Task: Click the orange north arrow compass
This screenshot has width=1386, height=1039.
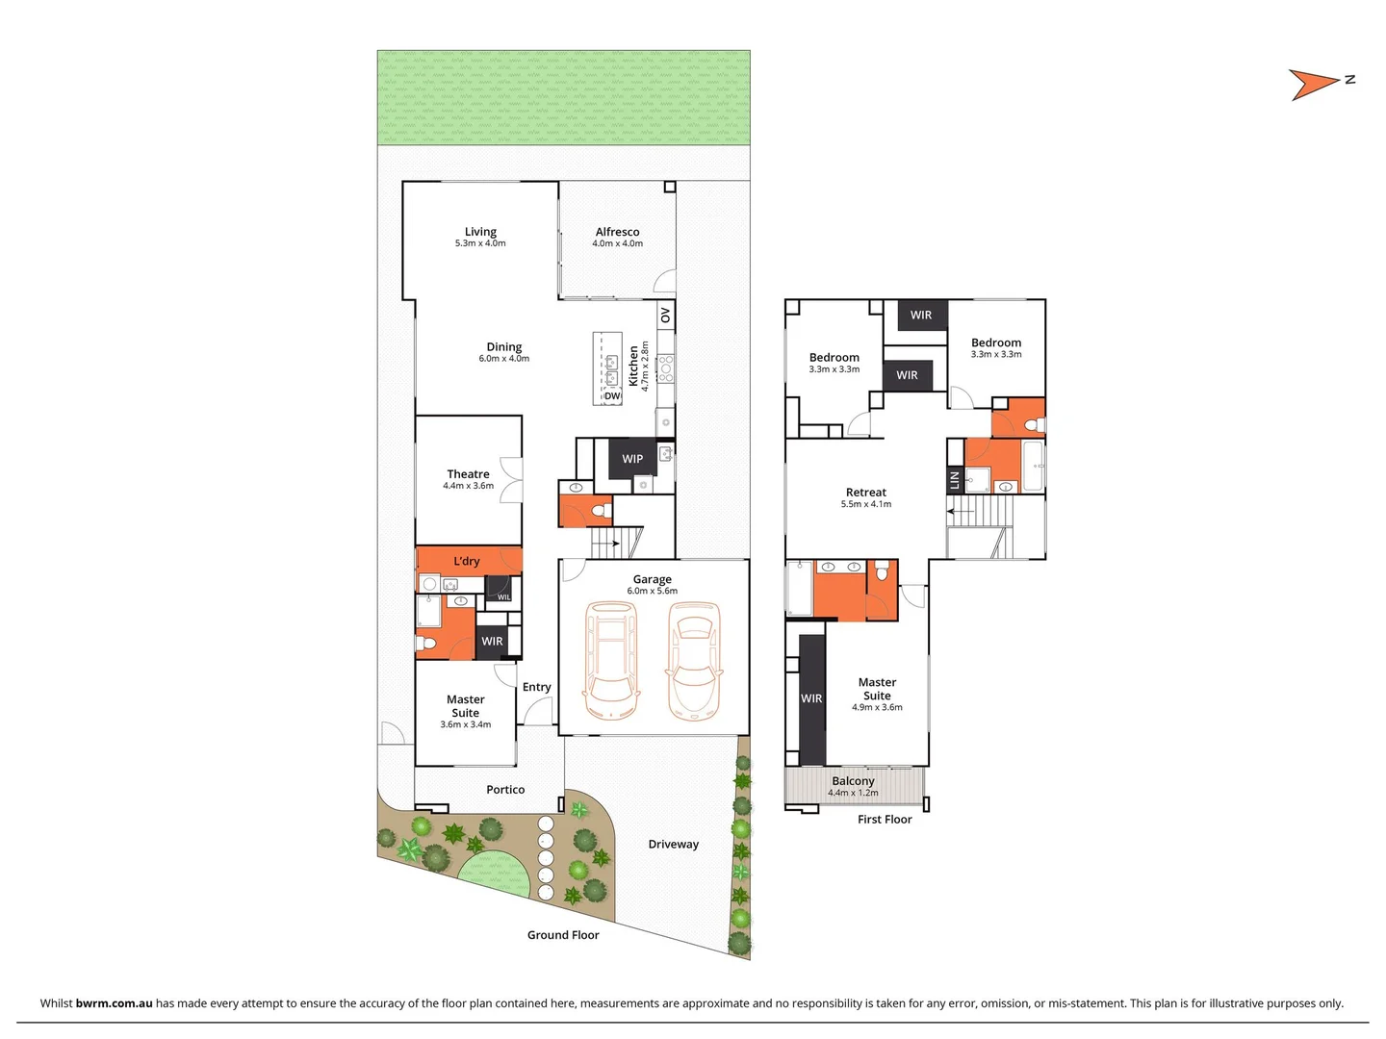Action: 1311,85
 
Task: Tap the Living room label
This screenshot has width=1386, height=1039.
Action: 480,232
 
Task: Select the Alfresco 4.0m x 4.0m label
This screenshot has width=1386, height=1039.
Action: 617,237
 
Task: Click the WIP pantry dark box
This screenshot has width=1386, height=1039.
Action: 632,459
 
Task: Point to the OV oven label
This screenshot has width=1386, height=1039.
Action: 665,315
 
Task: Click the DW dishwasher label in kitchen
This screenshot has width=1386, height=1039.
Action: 612,395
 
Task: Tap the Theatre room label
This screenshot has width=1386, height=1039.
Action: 468,474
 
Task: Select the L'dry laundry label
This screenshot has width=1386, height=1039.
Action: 467,561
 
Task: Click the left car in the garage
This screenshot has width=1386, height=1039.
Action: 610,660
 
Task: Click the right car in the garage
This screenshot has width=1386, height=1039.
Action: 693,660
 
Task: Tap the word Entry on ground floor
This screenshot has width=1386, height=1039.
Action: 536,687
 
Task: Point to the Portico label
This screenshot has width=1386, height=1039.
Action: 505,790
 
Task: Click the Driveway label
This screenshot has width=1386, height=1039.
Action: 673,845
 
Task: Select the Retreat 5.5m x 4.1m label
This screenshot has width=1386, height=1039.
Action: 865,497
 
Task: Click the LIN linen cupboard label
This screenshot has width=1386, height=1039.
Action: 955,479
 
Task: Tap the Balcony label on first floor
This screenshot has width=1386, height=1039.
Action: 853,781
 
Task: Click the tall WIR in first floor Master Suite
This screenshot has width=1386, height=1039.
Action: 811,698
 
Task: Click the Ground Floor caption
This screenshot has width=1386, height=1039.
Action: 563,935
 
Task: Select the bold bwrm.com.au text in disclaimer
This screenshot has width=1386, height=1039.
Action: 114,1003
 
